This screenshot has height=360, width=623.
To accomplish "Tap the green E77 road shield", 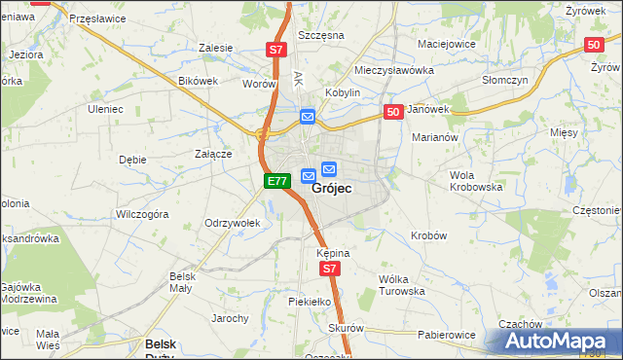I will click(x=276, y=181).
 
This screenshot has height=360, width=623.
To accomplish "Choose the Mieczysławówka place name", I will click(x=393, y=71).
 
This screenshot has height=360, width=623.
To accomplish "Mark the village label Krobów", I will click(x=428, y=235).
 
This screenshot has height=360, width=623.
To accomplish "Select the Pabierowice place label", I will click(x=447, y=335).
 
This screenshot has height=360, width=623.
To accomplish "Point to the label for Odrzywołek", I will click(x=232, y=223).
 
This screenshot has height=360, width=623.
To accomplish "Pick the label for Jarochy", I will click(x=230, y=318).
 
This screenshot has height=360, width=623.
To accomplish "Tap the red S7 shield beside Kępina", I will click(x=330, y=269).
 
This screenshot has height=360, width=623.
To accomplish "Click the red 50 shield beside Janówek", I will click(x=392, y=113).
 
